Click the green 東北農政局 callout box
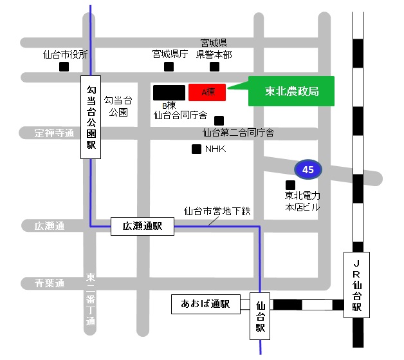click(291, 91)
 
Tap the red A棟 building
click(207, 92)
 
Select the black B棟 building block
click(169, 92)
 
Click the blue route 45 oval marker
click(308, 169)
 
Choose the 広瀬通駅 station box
click(142, 226)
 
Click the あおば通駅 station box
click(205, 304)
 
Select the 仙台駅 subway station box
click(261, 317)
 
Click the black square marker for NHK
click(196, 149)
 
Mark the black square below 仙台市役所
click(64, 66)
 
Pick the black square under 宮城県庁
click(169, 66)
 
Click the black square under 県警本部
click(214, 66)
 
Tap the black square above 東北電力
click(290, 185)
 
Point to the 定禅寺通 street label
click(55, 133)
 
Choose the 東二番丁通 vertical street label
click(90, 300)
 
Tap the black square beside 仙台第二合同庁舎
click(219, 120)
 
